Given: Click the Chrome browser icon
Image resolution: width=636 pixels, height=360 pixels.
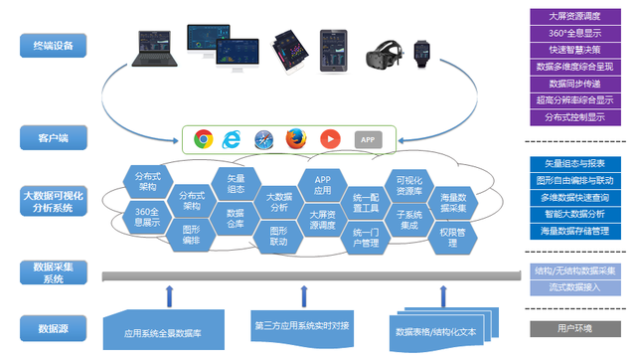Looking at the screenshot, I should tap(204, 140).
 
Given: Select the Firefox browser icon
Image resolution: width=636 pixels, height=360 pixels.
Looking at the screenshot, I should tap(294, 140).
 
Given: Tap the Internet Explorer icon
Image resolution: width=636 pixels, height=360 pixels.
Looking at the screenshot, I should tap(234, 140).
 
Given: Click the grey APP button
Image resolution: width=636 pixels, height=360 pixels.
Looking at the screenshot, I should tap(368, 140).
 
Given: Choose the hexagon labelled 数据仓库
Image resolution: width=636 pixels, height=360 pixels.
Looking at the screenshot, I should tap(235, 219).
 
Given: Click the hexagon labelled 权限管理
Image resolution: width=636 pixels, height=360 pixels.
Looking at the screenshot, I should tap(453, 233).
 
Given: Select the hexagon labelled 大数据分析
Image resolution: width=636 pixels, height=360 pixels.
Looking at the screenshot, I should tap(278, 202).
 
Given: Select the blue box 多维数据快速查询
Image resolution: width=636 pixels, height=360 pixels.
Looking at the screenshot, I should tap(575, 197).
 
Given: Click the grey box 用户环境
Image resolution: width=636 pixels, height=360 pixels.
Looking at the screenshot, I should tap(575, 327).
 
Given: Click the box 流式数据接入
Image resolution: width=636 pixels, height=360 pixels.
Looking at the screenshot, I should tap(575, 286).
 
